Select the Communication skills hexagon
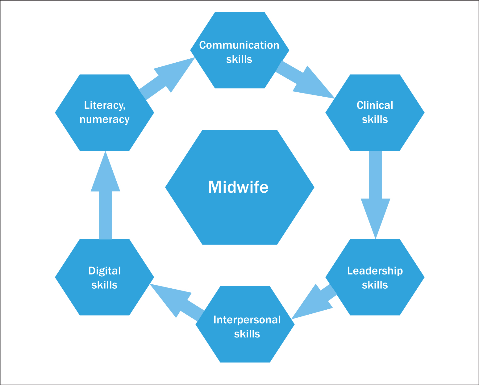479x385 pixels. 239,74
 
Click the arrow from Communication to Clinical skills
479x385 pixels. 306,80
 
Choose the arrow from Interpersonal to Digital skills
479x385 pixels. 176,299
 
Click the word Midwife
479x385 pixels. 238,187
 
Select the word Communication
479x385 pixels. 239,45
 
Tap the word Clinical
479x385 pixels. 375,105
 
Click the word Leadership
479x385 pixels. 375,271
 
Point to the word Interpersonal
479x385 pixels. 247,320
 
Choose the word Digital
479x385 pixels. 104,271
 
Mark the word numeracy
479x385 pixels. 104,119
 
